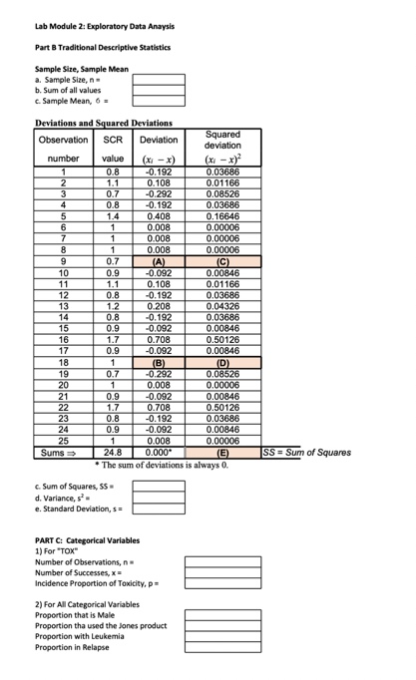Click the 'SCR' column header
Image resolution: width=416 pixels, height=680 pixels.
pos(113,140)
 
